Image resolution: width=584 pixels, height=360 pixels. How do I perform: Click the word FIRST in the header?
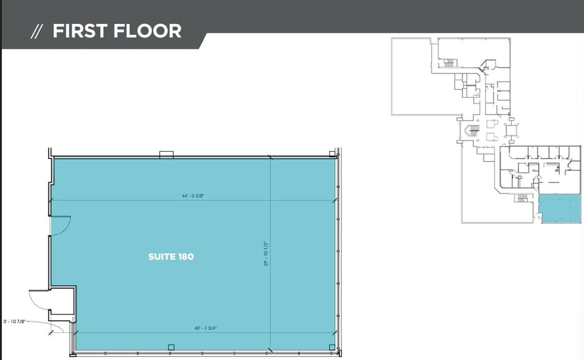click(x=80, y=31)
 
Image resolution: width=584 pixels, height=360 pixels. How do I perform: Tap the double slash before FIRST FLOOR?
click(x=37, y=32)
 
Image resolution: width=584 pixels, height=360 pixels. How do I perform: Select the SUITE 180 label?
click(x=171, y=257)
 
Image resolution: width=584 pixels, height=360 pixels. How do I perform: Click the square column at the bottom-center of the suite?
click(x=171, y=347)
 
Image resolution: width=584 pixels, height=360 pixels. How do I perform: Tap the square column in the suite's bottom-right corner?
click(x=332, y=348)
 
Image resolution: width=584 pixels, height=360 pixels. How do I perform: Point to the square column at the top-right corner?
click(x=332, y=152)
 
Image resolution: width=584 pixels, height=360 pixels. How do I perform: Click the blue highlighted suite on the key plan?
click(x=560, y=210)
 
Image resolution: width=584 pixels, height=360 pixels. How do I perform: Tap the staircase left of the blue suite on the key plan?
click(x=522, y=198)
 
